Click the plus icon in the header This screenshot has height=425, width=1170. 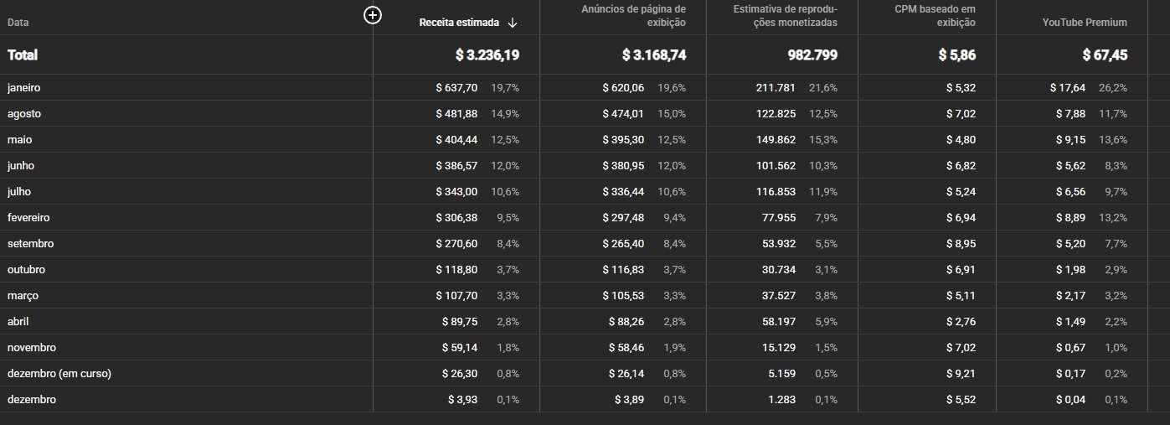[374, 15]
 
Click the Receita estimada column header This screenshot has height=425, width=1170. [459, 23]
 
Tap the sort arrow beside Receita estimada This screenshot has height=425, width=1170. [513, 23]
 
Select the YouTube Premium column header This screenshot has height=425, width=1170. [1085, 23]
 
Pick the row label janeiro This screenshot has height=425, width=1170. [24, 87]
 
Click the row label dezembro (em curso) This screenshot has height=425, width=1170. [59, 374]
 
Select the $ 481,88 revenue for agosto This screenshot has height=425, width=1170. [456, 113]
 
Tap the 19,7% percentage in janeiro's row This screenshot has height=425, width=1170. [505, 87]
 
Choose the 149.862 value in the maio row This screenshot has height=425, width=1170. [772, 139]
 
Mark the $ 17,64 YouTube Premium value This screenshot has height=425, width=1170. [1068, 87]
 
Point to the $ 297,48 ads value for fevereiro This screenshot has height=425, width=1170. [623, 217]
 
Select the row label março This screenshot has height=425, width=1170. [23, 295]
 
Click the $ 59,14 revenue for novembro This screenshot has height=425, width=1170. [460, 347]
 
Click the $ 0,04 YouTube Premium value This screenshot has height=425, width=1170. [1071, 400]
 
